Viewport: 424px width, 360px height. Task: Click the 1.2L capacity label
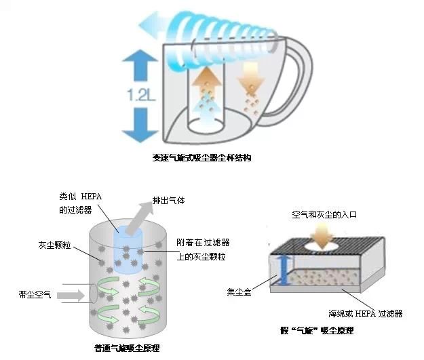[x=141, y=95]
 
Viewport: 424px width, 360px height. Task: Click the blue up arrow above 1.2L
[x=140, y=65]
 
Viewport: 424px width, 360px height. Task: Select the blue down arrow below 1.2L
[x=140, y=125]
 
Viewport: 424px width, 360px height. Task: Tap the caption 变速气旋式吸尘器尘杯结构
[x=201, y=158]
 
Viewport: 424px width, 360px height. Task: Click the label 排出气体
[x=169, y=201]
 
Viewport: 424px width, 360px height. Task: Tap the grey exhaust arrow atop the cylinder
[x=140, y=218]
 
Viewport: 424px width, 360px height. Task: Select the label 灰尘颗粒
[x=54, y=245]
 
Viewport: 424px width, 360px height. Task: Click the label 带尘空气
[x=35, y=294]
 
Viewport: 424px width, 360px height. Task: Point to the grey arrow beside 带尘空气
[x=71, y=295]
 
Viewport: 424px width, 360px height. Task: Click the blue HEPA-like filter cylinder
[x=128, y=249]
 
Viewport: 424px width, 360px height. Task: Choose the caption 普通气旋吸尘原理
[x=127, y=348]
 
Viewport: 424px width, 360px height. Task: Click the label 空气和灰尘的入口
[x=324, y=215]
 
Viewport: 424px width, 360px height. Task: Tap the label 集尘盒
[x=239, y=292]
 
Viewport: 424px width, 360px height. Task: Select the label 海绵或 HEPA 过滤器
[x=366, y=313]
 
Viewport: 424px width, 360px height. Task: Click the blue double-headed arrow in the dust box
[x=284, y=271]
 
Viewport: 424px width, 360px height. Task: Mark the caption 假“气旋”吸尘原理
[x=317, y=331]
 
